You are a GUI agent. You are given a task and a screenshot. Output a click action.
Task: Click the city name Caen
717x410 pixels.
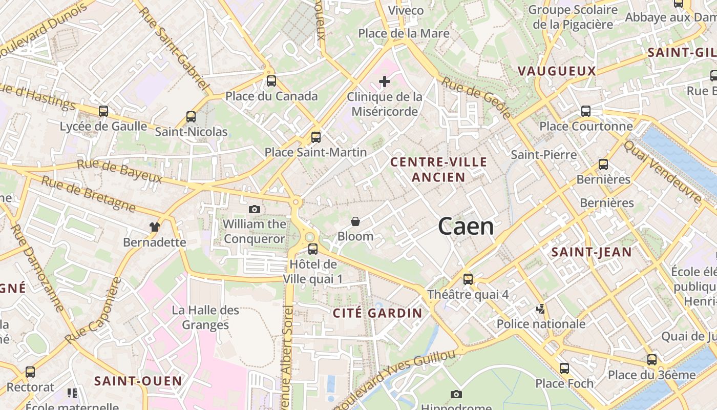(466, 227)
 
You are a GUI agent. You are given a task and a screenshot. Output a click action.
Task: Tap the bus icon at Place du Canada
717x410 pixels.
(271, 81)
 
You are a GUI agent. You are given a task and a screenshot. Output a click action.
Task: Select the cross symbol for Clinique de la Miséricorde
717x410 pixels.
(385, 81)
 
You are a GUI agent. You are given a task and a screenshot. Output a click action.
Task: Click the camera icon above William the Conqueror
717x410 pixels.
(255, 209)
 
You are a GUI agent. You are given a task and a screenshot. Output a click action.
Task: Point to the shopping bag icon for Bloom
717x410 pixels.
(355, 221)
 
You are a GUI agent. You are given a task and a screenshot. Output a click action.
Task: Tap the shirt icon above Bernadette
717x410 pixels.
(154, 227)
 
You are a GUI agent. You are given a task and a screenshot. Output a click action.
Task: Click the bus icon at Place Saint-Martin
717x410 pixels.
(316, 137)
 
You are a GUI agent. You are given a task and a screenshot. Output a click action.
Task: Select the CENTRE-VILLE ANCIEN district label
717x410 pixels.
(439, 170)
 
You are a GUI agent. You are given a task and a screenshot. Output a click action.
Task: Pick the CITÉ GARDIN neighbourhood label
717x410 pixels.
(378, 313)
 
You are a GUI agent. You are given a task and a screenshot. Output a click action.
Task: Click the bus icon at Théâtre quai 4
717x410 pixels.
(468, 279)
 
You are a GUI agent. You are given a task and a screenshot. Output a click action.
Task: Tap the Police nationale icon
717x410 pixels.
(541, 309)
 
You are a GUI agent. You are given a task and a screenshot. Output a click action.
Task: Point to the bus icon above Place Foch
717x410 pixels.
(564, 368)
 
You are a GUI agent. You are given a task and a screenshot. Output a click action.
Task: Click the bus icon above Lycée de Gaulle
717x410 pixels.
(103, 111)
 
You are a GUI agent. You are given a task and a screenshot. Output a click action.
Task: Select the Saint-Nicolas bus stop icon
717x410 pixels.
(191, 117)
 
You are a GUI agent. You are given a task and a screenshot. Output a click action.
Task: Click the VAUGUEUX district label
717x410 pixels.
(557, 71)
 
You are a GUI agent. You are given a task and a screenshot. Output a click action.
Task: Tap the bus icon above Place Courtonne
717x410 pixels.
(586, 111)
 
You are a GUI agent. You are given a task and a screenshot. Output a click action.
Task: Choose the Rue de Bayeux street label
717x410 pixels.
(119, 171)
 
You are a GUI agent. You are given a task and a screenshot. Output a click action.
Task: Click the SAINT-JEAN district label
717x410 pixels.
(592, 252)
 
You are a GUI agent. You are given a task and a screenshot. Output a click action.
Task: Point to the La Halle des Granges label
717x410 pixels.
(205, 317)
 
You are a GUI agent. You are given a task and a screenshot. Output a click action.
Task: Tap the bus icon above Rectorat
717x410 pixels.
(30, 372)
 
